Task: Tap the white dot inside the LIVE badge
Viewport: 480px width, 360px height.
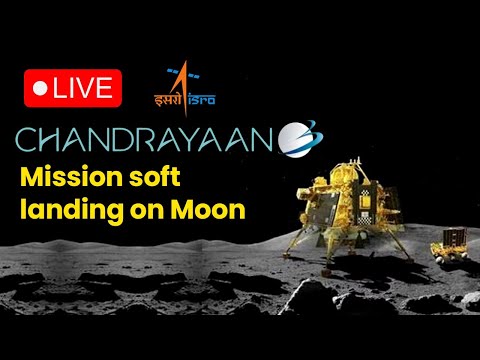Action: pos(40,88)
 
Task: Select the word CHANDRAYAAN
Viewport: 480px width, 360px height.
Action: pos(145,139)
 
